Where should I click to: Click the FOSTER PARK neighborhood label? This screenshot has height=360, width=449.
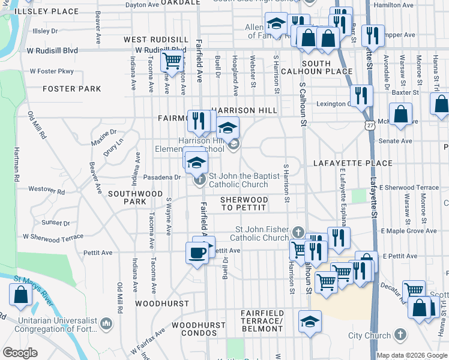point(72,89)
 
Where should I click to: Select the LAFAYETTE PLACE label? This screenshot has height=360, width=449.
point(353,163)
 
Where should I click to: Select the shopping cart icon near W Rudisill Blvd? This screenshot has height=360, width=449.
point(172,60)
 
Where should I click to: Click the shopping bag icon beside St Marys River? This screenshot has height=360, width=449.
point(20,295)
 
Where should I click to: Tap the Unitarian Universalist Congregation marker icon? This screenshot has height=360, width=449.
point(107,324)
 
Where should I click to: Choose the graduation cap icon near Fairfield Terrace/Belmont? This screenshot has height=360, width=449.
point(310,322)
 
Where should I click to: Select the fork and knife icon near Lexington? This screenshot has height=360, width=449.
point(361,95)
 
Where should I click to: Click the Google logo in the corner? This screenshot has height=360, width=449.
point(20,353)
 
